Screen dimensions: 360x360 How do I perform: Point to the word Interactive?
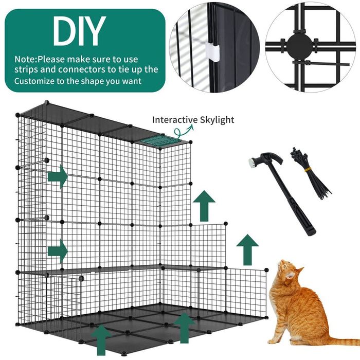click(172, 120)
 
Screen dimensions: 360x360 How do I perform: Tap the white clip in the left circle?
click(213, 50)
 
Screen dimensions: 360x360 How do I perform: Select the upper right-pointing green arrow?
click(58, 176)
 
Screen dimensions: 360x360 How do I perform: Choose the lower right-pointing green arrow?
click(58, 251)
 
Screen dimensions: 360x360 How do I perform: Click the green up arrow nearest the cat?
click(247, 249)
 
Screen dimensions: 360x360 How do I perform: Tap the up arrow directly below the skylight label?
click(204, 205)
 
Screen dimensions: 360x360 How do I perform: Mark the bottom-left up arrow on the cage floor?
click(101, 339)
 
